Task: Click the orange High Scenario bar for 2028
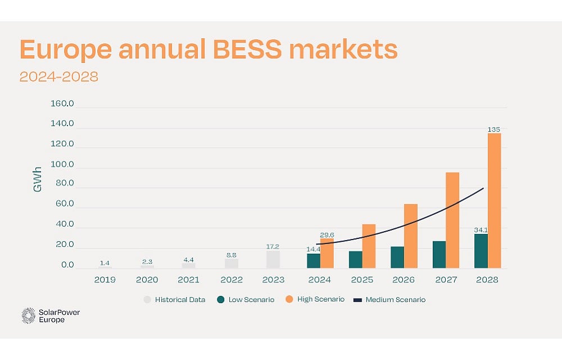[x=494, y=200]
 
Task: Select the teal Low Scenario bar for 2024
[x=313, y=260]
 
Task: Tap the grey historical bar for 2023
[x=273, y=259]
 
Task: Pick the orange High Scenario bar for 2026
[x=411, y=236]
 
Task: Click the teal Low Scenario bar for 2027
[x=439, y=254]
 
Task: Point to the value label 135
[x=494, y=129]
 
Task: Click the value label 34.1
[x=481, y=229]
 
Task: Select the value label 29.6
[x=327, y=235]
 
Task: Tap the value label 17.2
[x=273, y=246]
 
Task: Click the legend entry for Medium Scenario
[x=395, y=300]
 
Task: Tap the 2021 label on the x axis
[x=188, y=280]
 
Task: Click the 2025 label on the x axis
[x=361, y=280]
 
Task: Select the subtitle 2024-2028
[x=59, y=76]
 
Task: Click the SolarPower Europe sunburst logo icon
[x=28, y=316]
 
